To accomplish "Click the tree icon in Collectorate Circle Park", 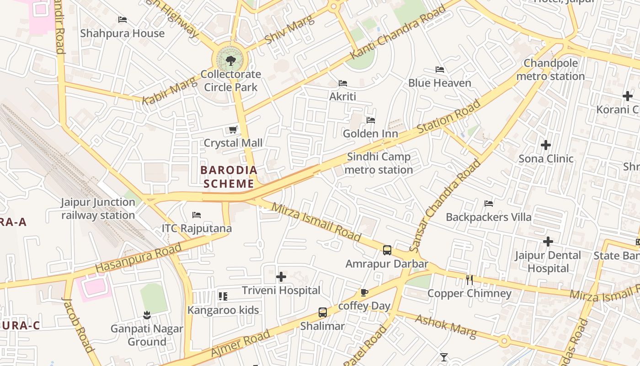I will pyautogui.click(x=231, y=60).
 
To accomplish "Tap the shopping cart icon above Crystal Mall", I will pyautogui.click(x=233, y=130).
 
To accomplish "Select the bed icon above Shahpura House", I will pyautogui.click(x=123, y=20).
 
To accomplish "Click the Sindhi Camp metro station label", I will pyautogui.click(x=379, y=163).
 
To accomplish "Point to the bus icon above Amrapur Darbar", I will pyautogui.click(x=387, y=250).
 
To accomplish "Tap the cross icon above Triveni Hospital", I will pyautogui.click(x=281, y=277).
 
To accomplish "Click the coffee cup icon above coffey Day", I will pyautogui.click(x=364, y=292).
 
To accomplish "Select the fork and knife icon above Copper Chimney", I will pyautogui.click(x=469, y=280).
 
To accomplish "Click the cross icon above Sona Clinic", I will pyautogui.click(x=545, y=145).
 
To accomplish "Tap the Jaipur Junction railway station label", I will pyautogui.click(x=98, y=209).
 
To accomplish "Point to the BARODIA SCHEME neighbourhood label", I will pyautogui.click(x=229, y=177).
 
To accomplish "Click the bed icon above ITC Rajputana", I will pyautogui.click(x=197, y=215).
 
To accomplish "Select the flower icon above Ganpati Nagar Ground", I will pyautogui.click(x=147, y=315).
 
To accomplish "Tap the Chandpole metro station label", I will pyautogui.click(x=550, y=70).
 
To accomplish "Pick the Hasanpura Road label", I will pyautogui.click(x=139, y=258).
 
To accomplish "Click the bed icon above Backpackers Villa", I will pyautogui.click(x=489, y=203).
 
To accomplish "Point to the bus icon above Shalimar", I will pyautogui.click(x=323, y=312).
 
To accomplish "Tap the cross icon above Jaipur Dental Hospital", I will pyautogui.click(x=548, y=242).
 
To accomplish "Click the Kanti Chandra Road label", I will pyautogui.click(x=397, y=32).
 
